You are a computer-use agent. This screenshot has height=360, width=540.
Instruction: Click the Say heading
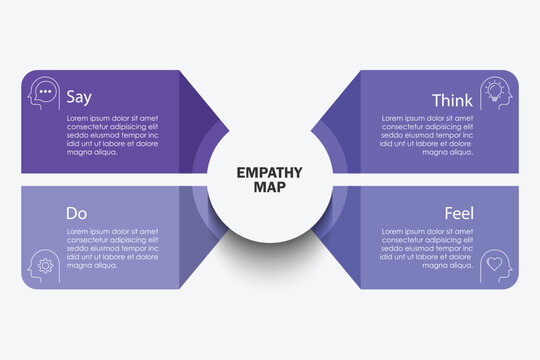pos(78,98)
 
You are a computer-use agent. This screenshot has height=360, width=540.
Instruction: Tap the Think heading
pos(452,100)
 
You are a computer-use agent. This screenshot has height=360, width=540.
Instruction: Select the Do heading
pos(76,213)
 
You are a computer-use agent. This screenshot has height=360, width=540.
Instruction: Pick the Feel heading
pos(459,213)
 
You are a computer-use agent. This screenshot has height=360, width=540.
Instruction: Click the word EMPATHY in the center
pos(270,172)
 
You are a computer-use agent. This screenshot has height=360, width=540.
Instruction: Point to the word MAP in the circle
pos(270,187)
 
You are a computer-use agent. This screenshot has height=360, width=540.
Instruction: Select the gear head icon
pos(43,265)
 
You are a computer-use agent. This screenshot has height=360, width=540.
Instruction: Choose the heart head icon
pos(496,265)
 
